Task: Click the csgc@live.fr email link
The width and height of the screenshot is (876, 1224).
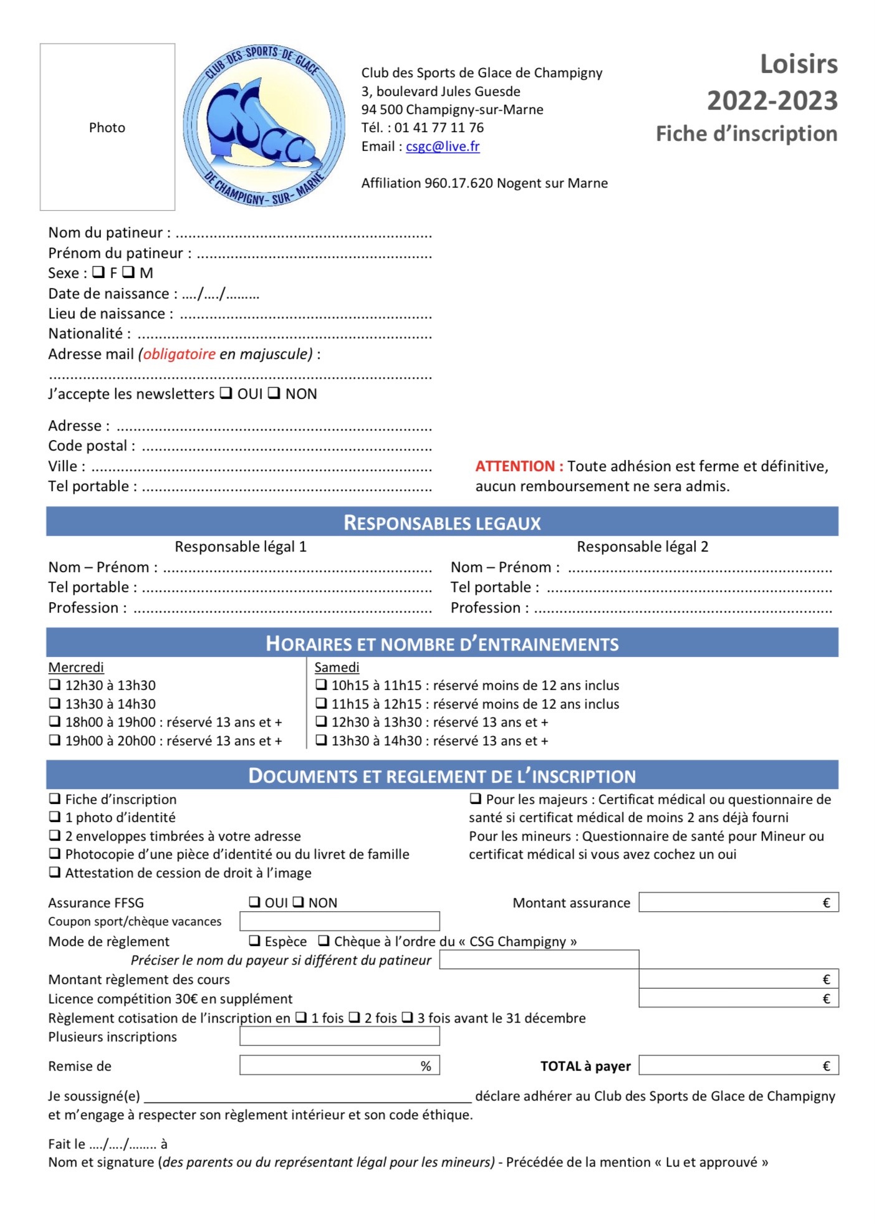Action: coord(442,146)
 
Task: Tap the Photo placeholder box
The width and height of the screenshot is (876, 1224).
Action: coord(107,127)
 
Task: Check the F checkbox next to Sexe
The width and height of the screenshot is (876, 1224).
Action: coord(99,272)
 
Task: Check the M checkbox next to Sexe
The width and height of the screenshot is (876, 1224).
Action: coord(128,272)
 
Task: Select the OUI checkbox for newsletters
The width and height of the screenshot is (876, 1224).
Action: coord(226,393)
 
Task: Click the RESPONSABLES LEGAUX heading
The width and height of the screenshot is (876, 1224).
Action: coord(441,522)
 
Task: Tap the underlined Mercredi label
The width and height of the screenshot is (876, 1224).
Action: coord(76,667)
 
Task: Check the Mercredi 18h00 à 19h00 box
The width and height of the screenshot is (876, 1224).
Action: coord(55,722)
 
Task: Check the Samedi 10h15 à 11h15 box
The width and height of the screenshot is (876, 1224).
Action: coord(321,685)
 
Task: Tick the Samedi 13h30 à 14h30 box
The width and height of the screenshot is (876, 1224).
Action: coord(321,740)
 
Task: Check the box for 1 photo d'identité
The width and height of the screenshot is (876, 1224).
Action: coord(55,817)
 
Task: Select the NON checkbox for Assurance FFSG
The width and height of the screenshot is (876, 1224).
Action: coord(298,902)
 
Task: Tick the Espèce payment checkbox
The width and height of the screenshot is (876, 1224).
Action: coord(254,940)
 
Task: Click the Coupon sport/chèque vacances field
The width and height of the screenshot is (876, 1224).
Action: coord(339,921)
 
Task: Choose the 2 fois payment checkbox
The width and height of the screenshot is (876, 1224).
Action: coord(354,1017)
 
